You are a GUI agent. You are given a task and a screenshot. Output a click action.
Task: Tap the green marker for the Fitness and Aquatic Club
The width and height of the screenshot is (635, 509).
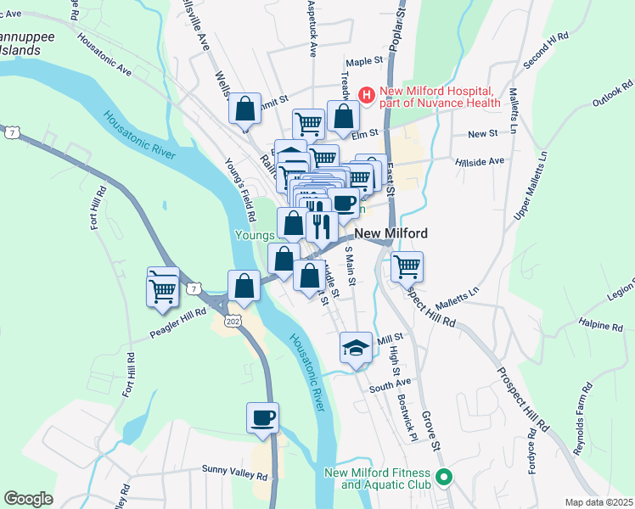441,478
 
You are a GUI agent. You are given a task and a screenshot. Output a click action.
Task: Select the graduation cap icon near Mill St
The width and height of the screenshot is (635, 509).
356,347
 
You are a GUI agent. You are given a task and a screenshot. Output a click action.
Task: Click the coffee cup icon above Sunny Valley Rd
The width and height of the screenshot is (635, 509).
262,418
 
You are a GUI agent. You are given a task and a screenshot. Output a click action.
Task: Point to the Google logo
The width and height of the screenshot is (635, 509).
28,499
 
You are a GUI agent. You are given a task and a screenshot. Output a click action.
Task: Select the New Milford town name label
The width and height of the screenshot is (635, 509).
390,233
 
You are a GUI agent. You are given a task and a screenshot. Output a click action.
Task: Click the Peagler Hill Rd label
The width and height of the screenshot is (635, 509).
177,313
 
